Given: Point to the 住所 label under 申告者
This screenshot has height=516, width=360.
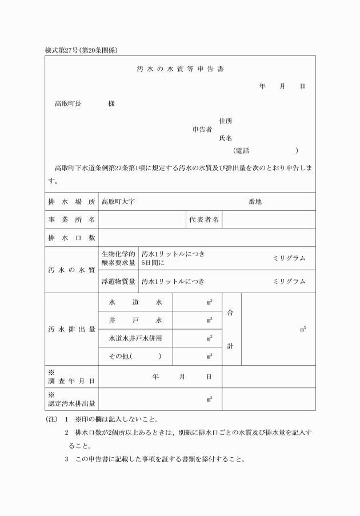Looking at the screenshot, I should click(x=226, y=121).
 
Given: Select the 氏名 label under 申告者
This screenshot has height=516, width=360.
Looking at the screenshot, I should click(x=226, y=138).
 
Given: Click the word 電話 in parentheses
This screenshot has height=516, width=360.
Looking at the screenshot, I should click(x=242, y=151).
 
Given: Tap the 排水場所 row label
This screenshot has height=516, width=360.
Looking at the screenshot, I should click(x=71, y=202).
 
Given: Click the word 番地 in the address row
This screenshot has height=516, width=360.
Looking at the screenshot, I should click(x=255, y=202).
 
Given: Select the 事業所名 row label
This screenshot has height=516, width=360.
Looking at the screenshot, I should click(x=71, y=219).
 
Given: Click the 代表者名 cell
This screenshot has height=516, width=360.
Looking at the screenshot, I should click(x=204, y=219).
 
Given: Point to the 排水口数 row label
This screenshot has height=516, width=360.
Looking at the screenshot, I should click(x=71, y=237).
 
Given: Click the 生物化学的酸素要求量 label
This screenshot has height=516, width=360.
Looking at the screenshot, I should click(x=118, y=258).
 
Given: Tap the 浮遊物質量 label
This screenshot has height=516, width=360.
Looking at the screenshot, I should click(x=118, y=281).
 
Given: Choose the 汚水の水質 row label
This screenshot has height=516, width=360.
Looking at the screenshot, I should click(x=71, y=270).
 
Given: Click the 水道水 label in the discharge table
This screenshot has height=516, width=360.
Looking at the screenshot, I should click(x=135, y=302).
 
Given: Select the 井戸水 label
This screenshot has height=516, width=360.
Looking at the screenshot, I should click(x=135, y=320).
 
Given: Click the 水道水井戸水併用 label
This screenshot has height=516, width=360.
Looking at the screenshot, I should click(x=135, y=338).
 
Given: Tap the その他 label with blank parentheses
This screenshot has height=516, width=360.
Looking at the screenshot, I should click(x=135, y=357).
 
